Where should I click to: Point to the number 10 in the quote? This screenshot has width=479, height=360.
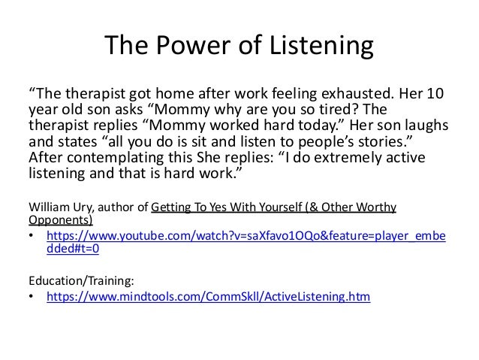(441, 95)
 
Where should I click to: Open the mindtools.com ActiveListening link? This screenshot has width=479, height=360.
(208, 297)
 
